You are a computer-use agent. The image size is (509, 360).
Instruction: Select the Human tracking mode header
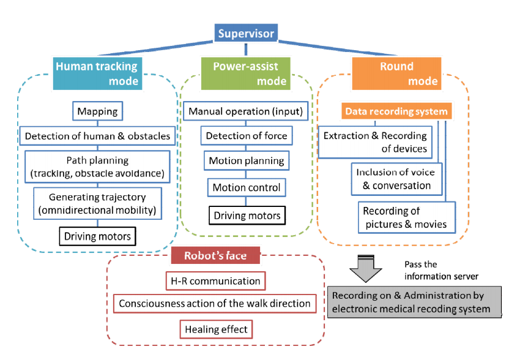(97, 73)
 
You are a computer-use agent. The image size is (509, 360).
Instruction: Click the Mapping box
(97, 112)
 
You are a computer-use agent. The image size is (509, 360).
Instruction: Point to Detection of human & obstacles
(97, 135)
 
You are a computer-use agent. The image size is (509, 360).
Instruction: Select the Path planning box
(97, 167)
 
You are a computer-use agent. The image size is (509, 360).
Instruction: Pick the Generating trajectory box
(97, 204)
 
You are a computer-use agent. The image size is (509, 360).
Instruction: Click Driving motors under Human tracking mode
(97, 236)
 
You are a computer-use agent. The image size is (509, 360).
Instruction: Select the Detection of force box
(246, 136)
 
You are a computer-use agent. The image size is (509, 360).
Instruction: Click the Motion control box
(246, 187)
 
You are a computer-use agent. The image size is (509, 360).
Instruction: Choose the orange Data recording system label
(397, 111)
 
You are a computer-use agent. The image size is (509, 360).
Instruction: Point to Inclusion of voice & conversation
(393, 179)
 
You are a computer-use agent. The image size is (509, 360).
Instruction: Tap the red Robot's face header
(215, 255)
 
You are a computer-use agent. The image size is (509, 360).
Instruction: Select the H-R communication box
(215, 281)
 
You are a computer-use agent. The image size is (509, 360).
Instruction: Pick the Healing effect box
(216, 329)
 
